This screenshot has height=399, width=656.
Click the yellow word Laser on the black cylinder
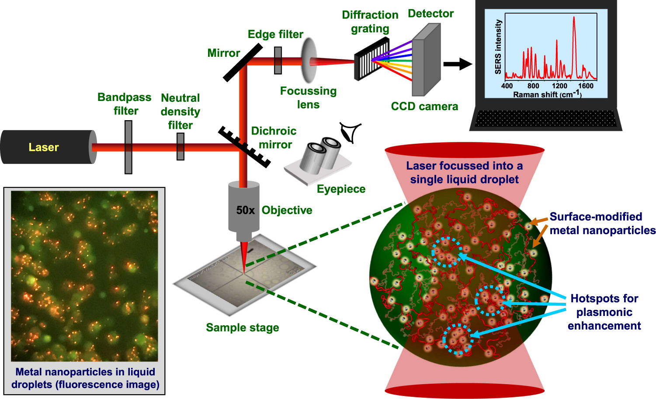(44, 147)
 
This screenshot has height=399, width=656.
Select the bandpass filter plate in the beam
(128, 147)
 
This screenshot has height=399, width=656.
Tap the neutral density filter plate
(180, 147)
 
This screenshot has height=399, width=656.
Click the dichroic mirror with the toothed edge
(244, 147)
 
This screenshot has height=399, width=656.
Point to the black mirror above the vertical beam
(243, 62)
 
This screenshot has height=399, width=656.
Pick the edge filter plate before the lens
(278, 60)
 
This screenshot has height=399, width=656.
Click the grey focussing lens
(309, 60)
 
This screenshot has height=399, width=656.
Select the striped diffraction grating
(371, 59)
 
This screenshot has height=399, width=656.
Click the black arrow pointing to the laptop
(457, 64)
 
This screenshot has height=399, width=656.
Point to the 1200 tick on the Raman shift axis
(559, 86)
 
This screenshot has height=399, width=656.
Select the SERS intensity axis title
(498, 47)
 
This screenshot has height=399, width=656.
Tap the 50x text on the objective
(245, 210)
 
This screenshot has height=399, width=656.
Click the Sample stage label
(242, 328)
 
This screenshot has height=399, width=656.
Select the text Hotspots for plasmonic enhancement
(604, 312)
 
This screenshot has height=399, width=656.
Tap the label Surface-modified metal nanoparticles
(602, 223)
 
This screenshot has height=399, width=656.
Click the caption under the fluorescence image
(85, 378)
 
